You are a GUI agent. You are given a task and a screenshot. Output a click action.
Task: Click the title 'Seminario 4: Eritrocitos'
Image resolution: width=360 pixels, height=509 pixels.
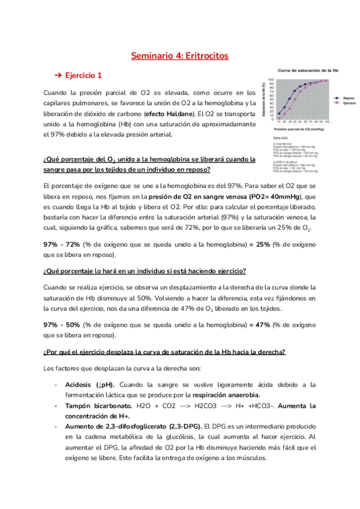[180, 56]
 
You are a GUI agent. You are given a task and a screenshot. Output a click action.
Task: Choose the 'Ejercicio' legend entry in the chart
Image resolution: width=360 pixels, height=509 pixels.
[349, 103]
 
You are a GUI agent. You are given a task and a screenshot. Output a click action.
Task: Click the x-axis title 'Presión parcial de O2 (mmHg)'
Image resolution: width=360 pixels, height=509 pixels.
[299, 128]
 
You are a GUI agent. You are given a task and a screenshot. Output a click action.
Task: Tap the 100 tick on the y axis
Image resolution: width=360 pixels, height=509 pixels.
[271, 80]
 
